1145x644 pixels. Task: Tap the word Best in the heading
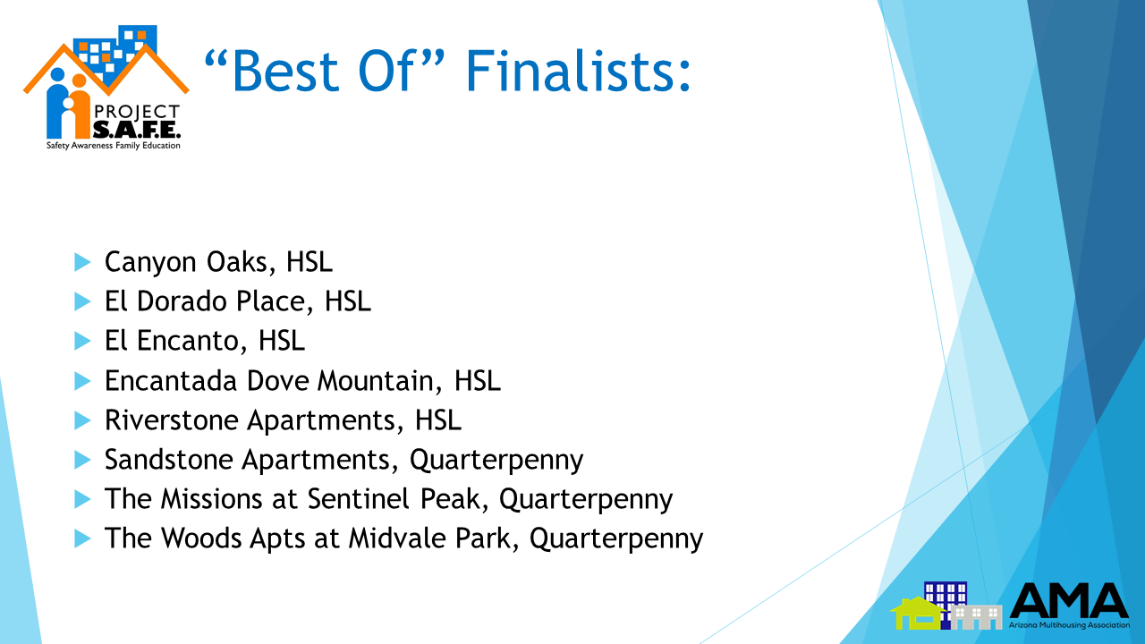coord(285,71)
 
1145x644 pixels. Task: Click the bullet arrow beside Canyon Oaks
coord(82,262)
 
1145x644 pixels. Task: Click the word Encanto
coord(188,341)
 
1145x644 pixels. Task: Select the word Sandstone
coord(169,460)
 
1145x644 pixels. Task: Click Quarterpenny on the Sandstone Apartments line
coord(496,461)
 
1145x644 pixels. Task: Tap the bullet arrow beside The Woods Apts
coord(82,538)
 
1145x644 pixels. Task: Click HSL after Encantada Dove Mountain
coord(478,381)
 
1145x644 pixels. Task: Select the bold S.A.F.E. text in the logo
coord(137,130)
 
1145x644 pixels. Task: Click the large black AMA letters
coord(1069,600)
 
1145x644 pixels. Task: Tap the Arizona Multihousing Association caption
coord(1069,625)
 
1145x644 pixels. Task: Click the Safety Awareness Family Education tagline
coord(114,146)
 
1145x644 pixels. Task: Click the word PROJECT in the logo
coord(137,112)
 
